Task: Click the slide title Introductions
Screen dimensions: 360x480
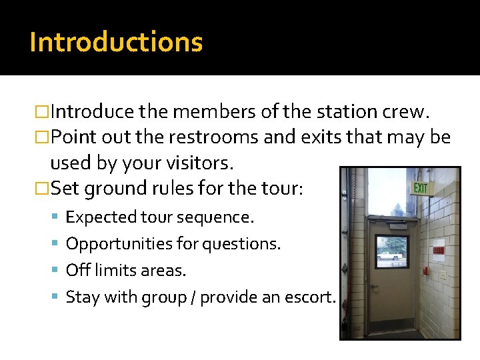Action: (116, 42)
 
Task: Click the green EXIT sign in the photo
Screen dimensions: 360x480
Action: (421, 188)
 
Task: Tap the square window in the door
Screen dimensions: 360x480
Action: (392, 251)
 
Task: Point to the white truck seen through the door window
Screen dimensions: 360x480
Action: (389, 255)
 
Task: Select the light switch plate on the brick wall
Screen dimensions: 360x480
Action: (443, 274)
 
